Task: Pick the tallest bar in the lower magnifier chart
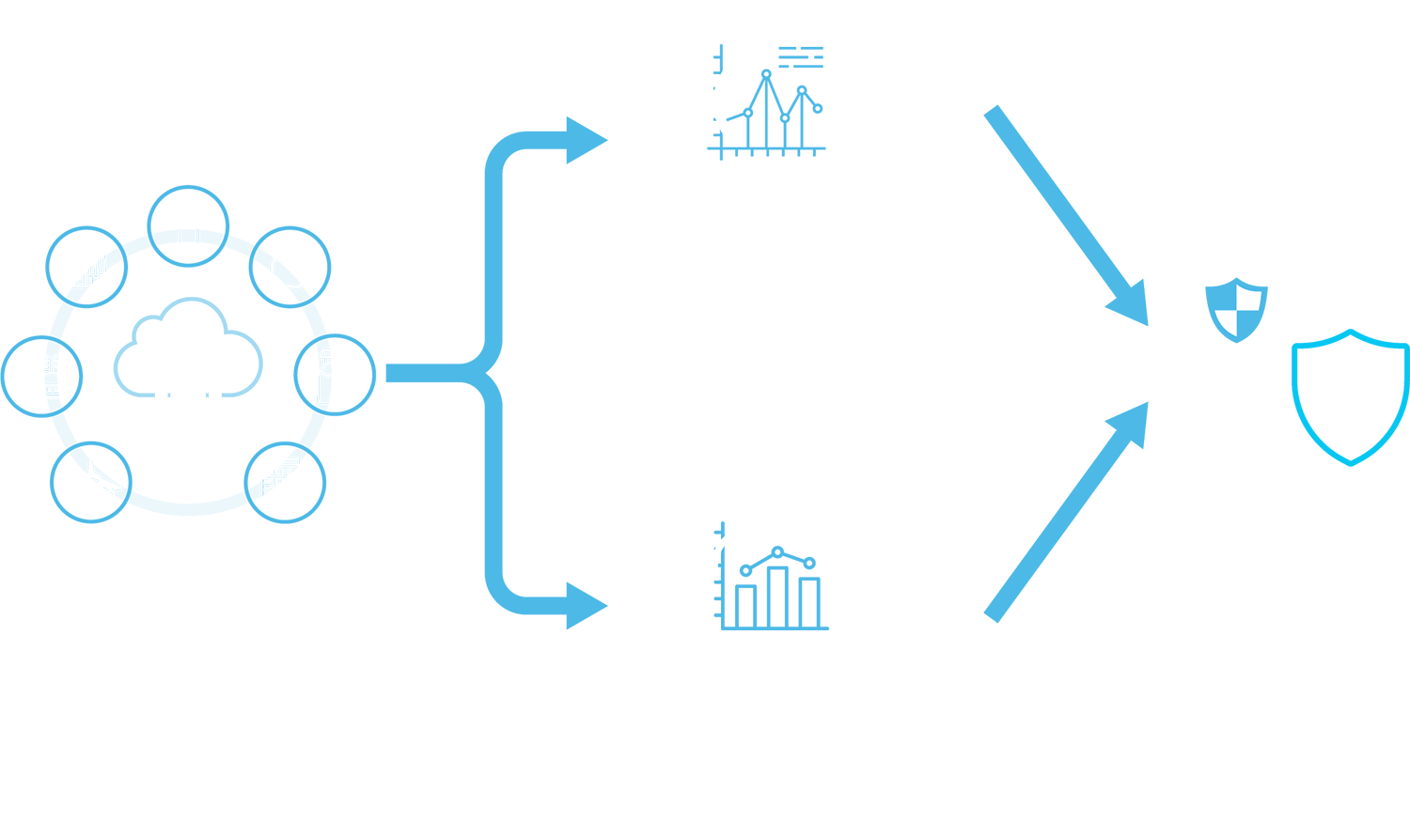(x=776, y=596)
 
